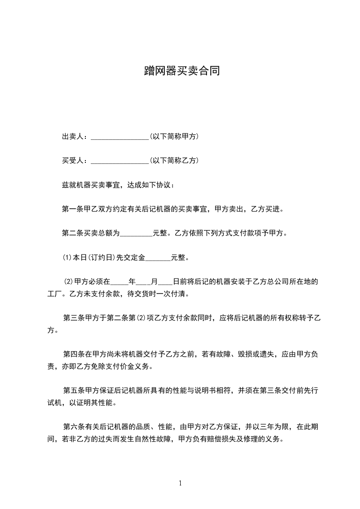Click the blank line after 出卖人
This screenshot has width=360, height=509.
coord(120,137)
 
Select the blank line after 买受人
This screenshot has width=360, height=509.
coord(120,161)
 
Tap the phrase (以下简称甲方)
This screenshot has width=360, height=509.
coord(173,136)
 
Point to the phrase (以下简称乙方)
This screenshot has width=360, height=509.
coord(173,160)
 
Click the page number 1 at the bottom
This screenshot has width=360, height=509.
coord(180,483)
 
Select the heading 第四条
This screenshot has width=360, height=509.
coord(73,354)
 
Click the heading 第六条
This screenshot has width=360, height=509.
coord(73,426)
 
